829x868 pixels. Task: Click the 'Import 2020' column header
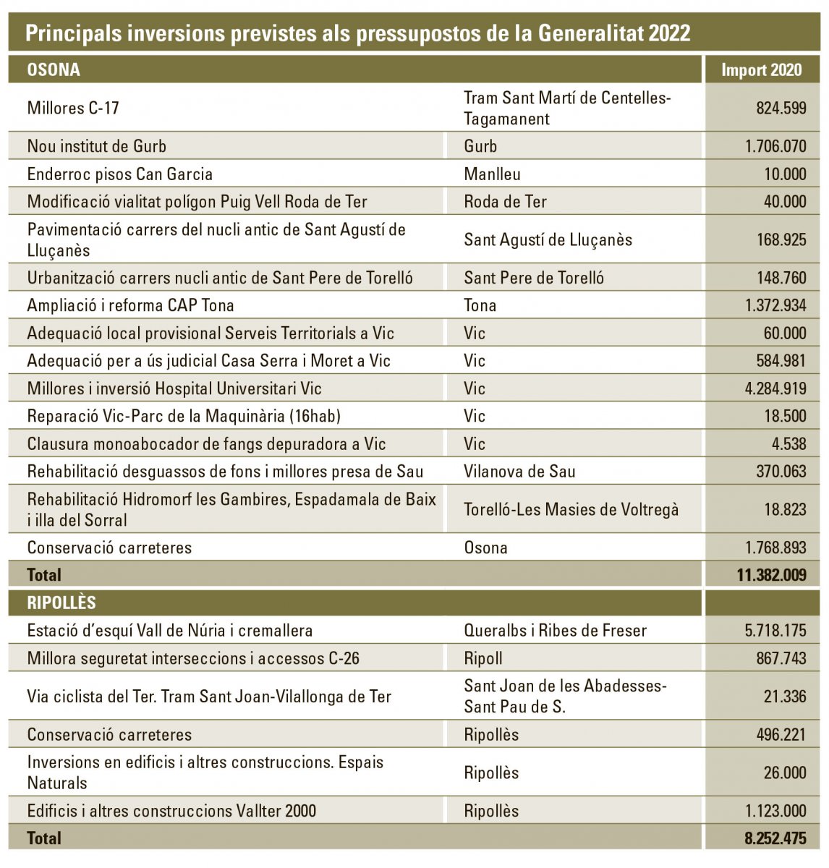pos(761,70)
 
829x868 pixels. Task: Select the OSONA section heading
pos(54,70)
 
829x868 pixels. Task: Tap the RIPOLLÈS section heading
pos(61,603)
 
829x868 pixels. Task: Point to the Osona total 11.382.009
pos(771,575)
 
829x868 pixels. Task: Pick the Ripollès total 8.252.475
pos(775,838)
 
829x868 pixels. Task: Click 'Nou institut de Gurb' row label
pos(96,146)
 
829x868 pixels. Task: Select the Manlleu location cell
pos(492,174)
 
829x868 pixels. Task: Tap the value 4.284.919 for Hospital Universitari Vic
pos(775,388)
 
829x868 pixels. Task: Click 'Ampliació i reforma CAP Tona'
pos(130,305)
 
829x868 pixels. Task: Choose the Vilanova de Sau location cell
pos(519,472)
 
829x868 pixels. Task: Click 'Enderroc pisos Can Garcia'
pos(119,174)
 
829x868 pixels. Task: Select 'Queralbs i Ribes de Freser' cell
pos(555,631)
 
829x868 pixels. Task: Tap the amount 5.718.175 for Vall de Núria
pos(775,631)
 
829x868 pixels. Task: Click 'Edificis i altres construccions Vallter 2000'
pos(171,811)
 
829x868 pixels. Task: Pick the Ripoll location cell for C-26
pos(483,658)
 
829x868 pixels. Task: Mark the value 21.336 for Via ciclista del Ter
pos(784,697)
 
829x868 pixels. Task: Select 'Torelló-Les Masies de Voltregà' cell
pos(571,510)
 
